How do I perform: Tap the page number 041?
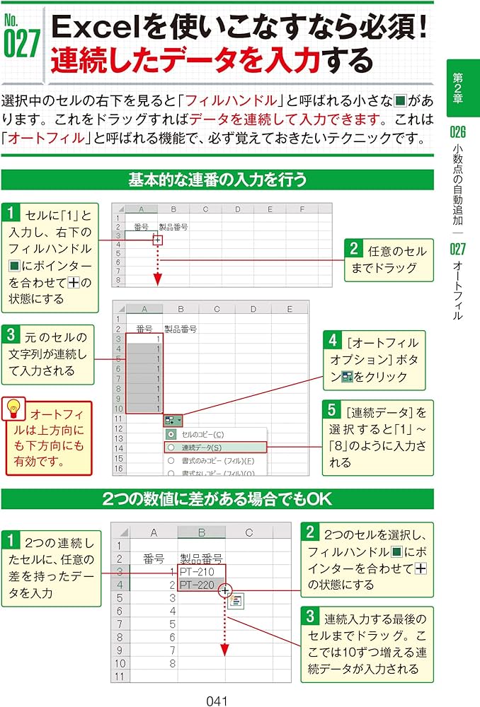click(216, 700)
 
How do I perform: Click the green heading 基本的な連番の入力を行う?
click(217, 180)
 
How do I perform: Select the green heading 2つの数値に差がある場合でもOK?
click(217, 498)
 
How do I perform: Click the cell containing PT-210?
click(202, 571)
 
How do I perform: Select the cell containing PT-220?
click(202, 585)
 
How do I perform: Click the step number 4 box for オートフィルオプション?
click(333, 340)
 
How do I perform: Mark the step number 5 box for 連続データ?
click(333, 409)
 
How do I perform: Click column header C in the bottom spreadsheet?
click(249, 532)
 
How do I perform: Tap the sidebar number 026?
click(458, 131)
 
